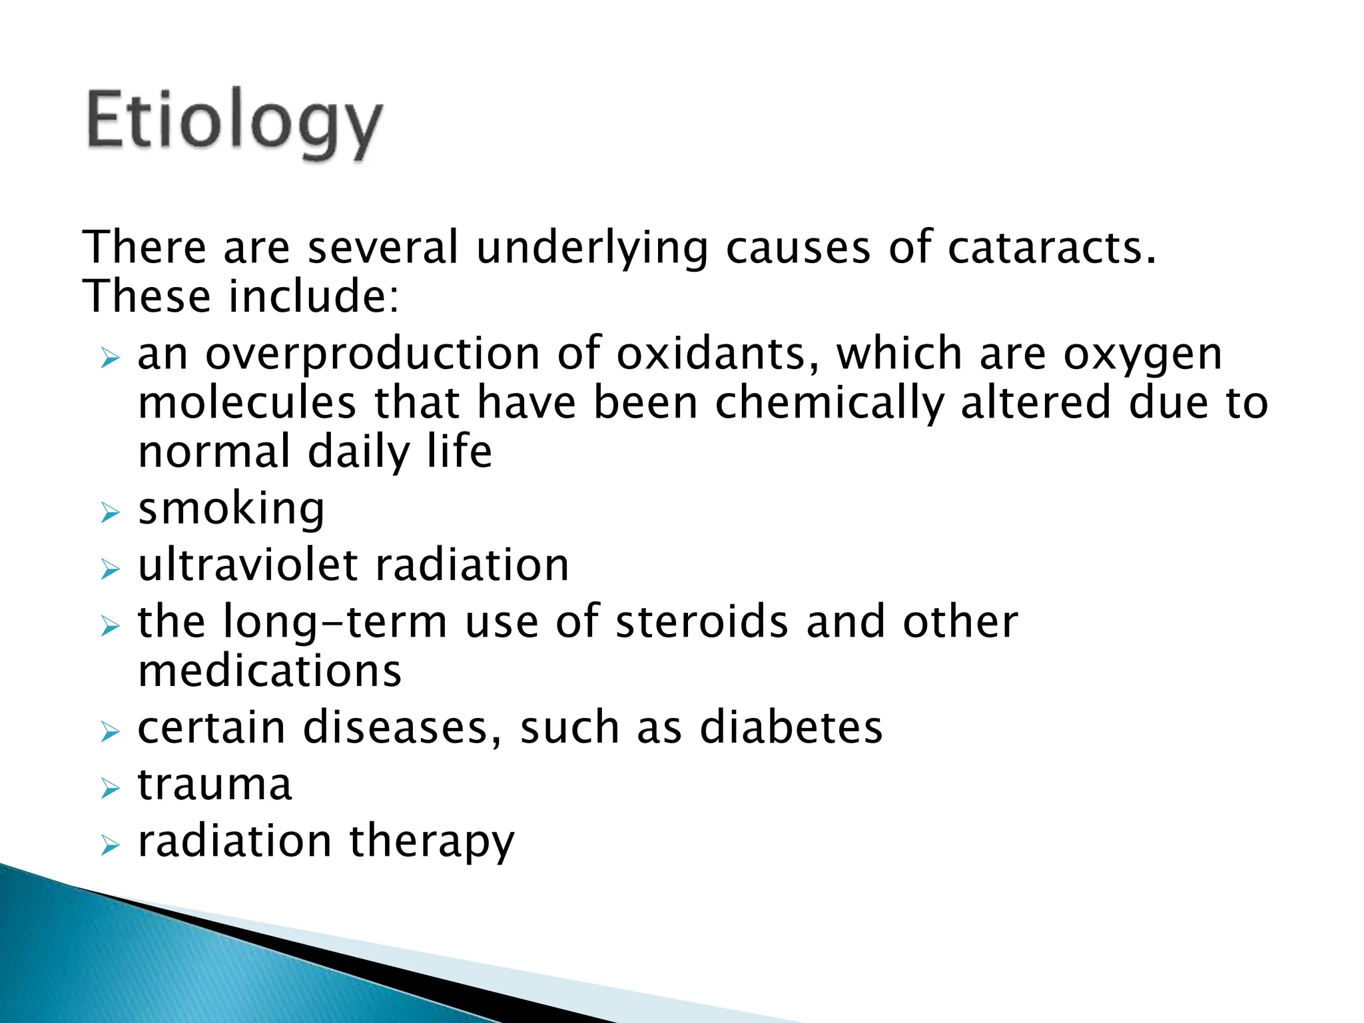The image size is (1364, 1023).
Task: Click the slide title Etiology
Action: click(x=234, y=123)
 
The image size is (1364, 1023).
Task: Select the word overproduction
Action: click(x=372, y=354)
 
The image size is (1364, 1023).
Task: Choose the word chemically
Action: click(x=829, y=404)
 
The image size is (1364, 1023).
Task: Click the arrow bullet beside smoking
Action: click(x=110, y=513)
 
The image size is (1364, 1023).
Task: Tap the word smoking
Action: click(x=231, y=510)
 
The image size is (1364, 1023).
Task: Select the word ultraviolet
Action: click(x=248, y=565)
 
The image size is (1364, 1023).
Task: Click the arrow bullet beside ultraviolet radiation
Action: click(x=110, y=569)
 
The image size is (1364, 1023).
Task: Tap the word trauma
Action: click(x=214, y=785)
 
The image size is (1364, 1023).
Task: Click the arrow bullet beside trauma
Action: click(x=110, y=789)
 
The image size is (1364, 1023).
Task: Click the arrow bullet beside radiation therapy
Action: click(x=110, y=846)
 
